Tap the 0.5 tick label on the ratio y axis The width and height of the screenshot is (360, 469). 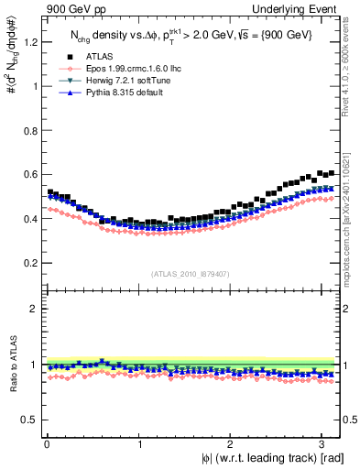click(27, 420)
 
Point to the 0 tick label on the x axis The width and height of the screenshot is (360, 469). click(45, 444)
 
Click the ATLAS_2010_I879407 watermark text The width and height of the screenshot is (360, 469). click(191, 273)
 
